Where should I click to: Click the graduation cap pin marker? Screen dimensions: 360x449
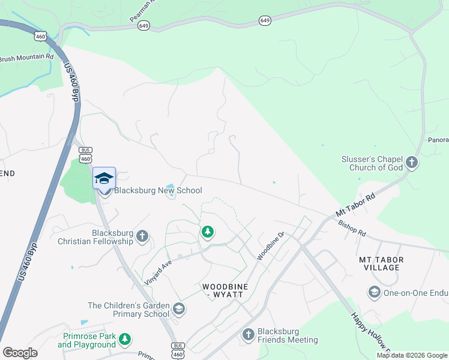click(x=104, y=179)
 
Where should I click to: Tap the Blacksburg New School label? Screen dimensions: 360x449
click(x=158, y=191)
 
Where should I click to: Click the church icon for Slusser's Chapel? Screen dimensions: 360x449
click(x=412, y=162)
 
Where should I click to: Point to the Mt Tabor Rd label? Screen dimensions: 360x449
click(x=355, y=206)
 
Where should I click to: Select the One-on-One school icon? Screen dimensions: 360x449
click(x=375, y=292)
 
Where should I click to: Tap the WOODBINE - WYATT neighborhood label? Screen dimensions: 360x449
click(x=225, y=291)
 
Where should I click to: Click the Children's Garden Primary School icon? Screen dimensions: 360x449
click(x=178, y=309)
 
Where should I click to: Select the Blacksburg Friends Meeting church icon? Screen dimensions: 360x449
click(x=248, y=335)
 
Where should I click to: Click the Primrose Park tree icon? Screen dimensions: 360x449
click(x=125, y=340)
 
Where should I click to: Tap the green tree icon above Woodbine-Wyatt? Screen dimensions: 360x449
click(x=208, y=231)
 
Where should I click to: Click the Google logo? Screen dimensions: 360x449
click(x=20, y=353)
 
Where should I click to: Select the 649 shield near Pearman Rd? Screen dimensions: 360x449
click(x=143, y=26)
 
